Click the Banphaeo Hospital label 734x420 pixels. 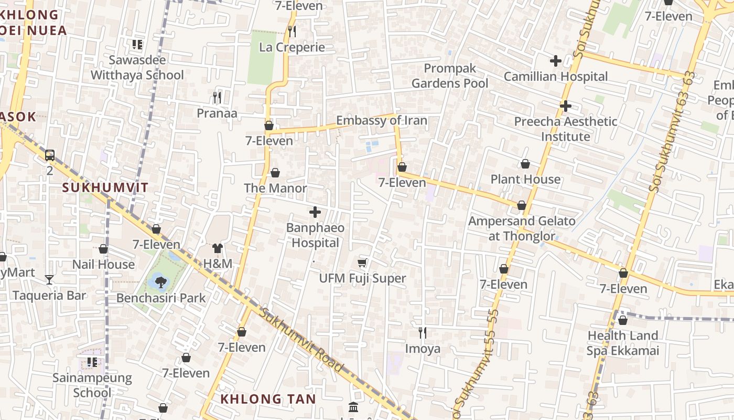[315, 235]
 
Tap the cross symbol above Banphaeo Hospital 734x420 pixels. [315, 212]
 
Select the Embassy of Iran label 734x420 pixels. [381, 121]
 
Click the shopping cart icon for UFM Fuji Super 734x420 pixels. [362, 262]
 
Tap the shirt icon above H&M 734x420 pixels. [218, 248]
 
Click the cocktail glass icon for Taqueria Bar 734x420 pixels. [49, 279]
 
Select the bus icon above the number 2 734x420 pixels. [50, 155]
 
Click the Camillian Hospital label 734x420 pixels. [555, 77]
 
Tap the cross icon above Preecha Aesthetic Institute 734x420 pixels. [565, 106]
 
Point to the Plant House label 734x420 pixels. [525, 180]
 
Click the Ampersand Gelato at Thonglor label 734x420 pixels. [522, 228]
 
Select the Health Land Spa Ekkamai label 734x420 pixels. [622, 343]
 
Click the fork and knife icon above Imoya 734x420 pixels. [423, 332]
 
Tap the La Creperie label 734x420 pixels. [292, 47]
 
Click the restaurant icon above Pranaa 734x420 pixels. [217, 97]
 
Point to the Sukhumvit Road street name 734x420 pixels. [302, 340]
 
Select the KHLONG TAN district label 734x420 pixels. [268, 399]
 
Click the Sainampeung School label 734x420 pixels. [92, 385]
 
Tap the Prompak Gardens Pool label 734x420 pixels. [449, 76]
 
